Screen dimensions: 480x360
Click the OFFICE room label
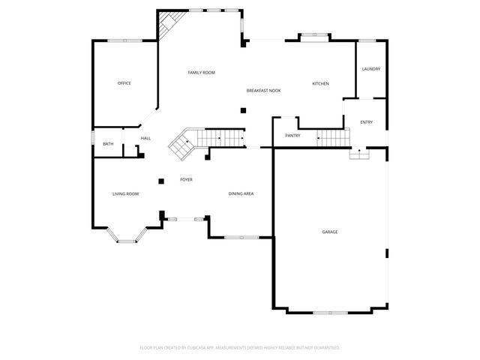pos(124,83)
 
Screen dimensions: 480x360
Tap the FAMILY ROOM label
pos(202,73)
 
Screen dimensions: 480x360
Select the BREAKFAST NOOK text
pos(263,91)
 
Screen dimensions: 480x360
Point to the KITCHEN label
pos(320,83)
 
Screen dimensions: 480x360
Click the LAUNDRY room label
pos(371,69)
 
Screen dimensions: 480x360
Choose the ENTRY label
pos(367,122)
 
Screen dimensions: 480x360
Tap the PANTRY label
pos(292,136)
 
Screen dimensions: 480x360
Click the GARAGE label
pos(330,232)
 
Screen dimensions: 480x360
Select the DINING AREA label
pos(241,193)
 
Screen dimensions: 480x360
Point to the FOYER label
pos(186,180)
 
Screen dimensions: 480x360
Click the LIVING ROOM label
pos(125,193)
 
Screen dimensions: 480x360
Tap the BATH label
pos(108,144)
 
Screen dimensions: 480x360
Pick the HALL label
pos(145,138)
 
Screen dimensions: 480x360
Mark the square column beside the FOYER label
pos(161,181)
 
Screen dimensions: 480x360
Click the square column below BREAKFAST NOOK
pos(243,110)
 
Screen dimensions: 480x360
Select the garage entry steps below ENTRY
pos(359,153)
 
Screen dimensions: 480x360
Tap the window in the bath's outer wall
pos(93,137)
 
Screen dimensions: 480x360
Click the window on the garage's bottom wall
pos(330,313)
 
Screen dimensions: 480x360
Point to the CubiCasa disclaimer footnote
pos(240,348)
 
